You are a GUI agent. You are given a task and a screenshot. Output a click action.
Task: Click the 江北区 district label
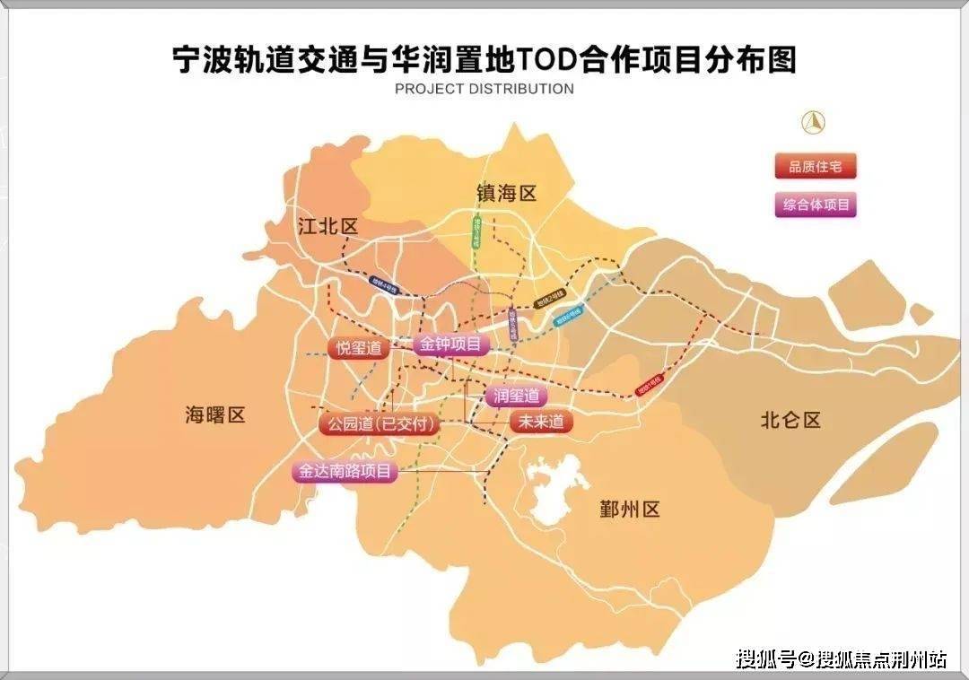pos(327,226)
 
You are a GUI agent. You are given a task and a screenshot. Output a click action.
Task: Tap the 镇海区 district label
pos(505,193)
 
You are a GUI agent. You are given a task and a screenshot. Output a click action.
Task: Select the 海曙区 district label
pos(214,414)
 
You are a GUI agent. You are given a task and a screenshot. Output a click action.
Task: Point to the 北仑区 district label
pos(790,419)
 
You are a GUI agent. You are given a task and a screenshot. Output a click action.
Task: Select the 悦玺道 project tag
pos(359,349)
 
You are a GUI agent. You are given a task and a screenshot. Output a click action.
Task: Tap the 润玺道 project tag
pos(516,396)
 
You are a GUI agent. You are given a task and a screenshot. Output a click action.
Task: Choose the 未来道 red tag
pos(541,422)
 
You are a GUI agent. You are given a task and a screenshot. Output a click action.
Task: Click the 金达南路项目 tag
pos(345,471)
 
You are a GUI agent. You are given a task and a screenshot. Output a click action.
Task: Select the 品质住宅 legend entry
pos(816,167)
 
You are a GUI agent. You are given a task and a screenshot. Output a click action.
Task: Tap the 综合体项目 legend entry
pos(816,205)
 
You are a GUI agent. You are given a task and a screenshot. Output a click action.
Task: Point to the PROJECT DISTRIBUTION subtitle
pos(484,89)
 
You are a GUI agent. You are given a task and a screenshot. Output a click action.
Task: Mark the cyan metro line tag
pos(568,317)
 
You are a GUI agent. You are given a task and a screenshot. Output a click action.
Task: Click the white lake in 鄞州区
pos(556,490)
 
